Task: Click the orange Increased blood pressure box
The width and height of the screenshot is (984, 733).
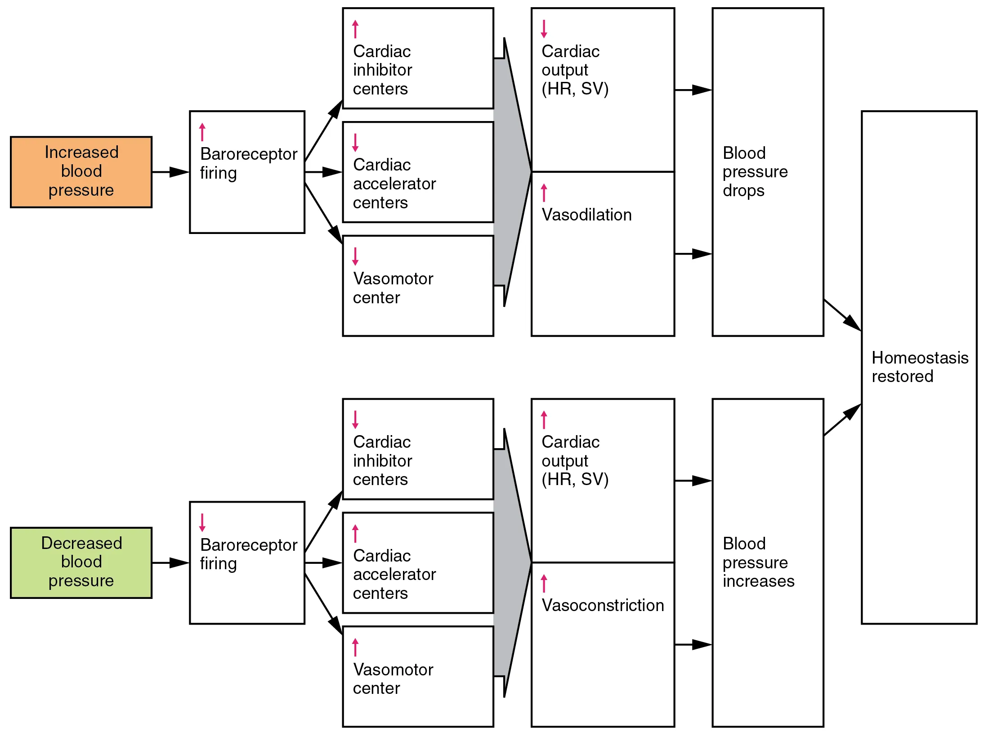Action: (x=81, y=171)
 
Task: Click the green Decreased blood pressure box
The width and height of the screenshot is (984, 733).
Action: (x=81, y=562)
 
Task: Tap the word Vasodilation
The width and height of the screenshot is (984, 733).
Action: (x=586, y=215)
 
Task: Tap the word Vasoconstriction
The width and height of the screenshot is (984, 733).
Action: (x=603, y=605)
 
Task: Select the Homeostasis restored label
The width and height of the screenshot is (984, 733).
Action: (x=919, y=367)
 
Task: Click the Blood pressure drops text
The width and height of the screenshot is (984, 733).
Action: (x=755, y=171)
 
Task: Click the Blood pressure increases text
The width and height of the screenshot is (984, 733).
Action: (x=758, y=562)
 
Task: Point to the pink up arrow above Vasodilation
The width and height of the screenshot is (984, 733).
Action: (x=544, y=193)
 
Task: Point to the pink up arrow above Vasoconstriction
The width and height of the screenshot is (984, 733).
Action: (x=544, y=583)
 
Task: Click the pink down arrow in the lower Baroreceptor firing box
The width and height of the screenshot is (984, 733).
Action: (x=202, y=522)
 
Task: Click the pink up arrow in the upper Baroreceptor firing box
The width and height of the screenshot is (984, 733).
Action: (x=202, y=132)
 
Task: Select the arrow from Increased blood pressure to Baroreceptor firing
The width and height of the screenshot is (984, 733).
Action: (x=170, y=172)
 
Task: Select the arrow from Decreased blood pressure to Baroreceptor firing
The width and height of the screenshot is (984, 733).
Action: (x=170, y=562)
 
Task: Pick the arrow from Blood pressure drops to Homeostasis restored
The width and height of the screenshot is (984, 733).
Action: (x=842, y=315)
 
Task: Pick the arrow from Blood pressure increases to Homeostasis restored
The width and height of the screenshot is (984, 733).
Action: (x=842, y=420)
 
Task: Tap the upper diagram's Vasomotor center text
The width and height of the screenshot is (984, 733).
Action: (x=393, y=288)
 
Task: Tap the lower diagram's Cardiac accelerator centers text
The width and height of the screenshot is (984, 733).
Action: (x=394, y=574)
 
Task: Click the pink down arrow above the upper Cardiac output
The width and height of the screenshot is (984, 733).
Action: (x=544, y=29)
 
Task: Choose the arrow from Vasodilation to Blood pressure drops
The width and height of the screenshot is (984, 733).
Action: (x=693, y=254)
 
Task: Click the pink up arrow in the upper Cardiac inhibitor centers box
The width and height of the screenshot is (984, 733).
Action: (x=355, y=29)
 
